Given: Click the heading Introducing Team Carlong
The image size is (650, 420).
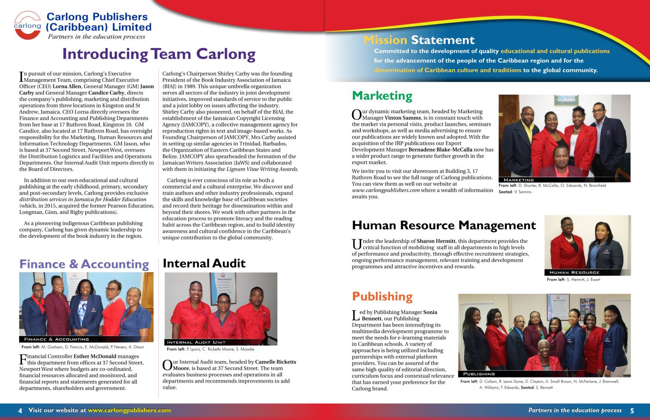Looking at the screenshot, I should point(158,54).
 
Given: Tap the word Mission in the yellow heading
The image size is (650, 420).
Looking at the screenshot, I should point(385,40).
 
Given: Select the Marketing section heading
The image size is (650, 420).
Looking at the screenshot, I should point(382,96).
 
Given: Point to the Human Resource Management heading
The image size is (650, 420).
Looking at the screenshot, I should point(444,225).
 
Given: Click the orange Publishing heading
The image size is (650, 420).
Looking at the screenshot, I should point(382,296).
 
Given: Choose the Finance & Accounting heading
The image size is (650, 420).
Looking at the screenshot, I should point(84,264).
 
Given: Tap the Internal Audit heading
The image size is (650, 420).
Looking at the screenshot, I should point(204,263).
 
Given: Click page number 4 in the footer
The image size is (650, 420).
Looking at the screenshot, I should point(20,411).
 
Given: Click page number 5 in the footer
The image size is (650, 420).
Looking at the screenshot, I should point(632,411).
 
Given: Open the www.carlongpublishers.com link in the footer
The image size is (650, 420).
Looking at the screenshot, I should point(129,410).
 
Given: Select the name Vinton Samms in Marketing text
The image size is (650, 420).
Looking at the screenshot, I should point(403,118).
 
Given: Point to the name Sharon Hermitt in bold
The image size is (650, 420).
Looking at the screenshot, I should point(436,241).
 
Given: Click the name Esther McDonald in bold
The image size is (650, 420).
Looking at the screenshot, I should point(95,356).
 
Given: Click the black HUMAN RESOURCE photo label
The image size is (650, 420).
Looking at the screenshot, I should point(574,273).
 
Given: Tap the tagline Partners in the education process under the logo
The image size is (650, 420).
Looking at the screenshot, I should point(96,37).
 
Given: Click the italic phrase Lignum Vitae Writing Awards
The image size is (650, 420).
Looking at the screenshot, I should point(262,169).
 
